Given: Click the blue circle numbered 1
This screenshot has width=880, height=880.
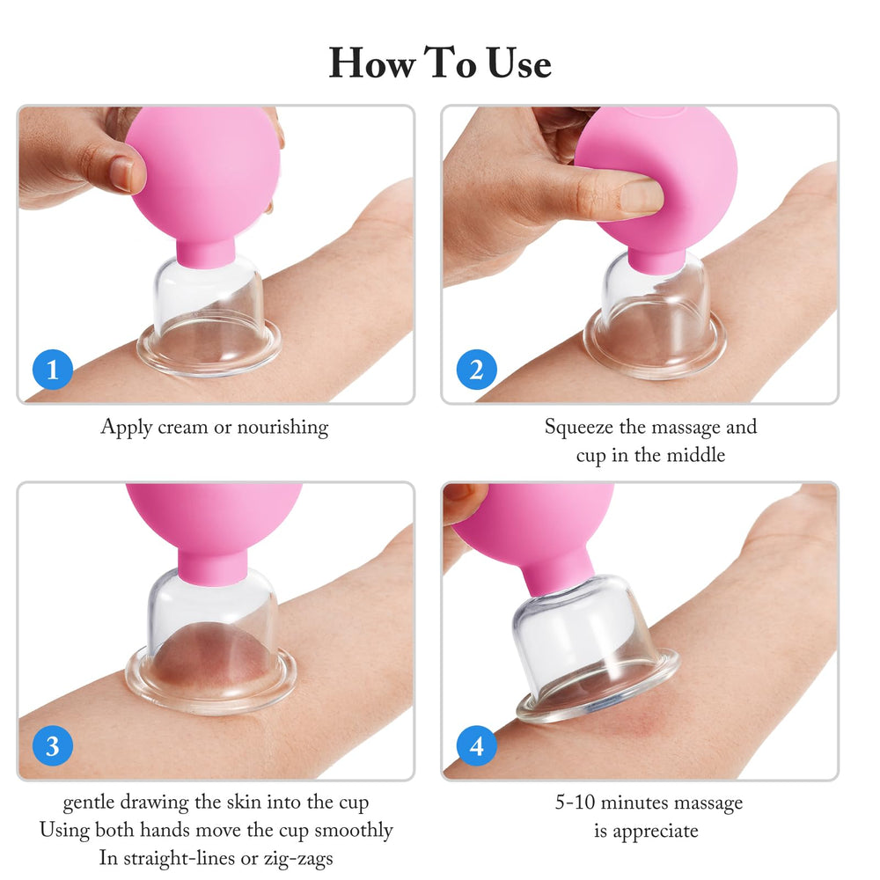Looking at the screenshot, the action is coord(53,370).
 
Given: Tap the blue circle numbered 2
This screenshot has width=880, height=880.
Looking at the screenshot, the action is coord(476,370).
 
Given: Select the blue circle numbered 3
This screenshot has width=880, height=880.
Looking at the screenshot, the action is coord(53,746).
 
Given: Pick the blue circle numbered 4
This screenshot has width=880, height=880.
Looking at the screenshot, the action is coord(476,746).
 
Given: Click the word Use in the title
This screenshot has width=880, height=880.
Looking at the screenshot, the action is coord(519,62).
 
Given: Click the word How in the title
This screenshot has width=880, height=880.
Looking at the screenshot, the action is coord(372,62).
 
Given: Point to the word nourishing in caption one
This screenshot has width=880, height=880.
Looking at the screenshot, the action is coord(282,427).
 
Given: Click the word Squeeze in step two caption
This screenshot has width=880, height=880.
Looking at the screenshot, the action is coord(579,427).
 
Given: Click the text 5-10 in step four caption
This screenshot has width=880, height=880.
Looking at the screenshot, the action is coord(575,802).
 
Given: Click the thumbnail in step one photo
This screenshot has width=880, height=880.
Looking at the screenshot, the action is coord(121,172).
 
